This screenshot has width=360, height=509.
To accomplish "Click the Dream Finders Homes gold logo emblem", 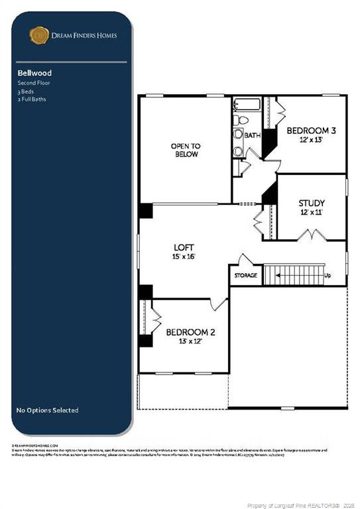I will tap(40, 34).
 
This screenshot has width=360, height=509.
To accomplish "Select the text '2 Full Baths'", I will tap(32, 99).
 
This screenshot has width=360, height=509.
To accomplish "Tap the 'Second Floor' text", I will tap(34, 84).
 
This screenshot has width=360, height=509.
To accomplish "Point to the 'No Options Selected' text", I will tap(47, 410).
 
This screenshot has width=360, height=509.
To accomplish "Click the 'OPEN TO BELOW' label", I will tap(186, 150).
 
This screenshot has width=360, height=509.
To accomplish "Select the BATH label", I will tap(253, 135).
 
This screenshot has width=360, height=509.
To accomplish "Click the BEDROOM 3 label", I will tap(311, 131).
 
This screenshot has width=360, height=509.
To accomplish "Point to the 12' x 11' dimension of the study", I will tap(311, 213).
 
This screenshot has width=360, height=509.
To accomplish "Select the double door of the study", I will tap(310, 235).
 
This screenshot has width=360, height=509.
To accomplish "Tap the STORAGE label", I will tap(245, 275).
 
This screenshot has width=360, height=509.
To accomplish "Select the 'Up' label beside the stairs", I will tap(327, 275).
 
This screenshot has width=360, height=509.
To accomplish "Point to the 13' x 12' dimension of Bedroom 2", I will tap(190, 341).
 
